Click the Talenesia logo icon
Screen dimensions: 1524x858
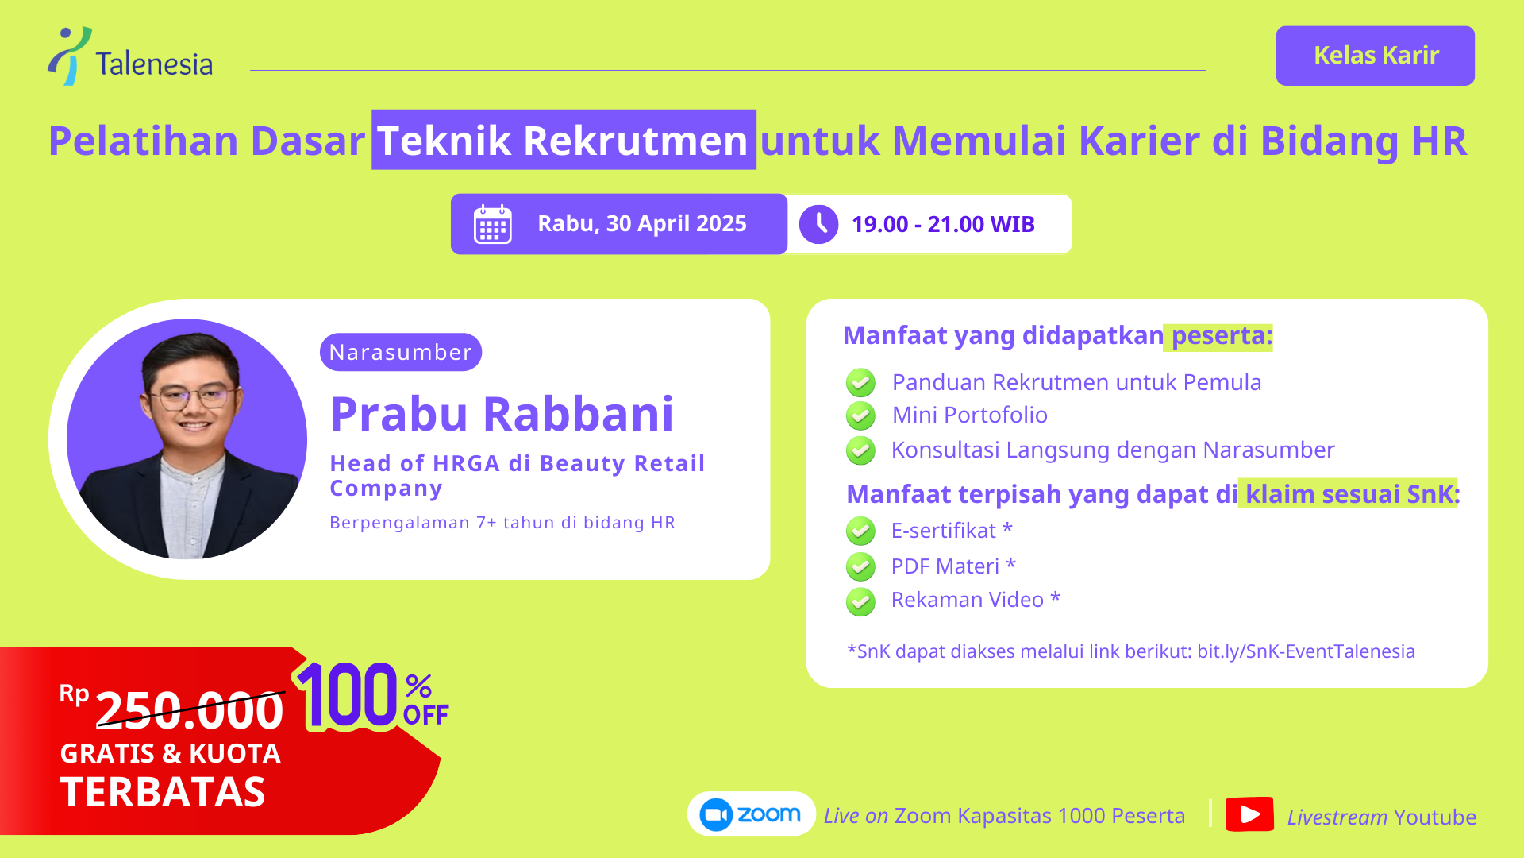tap(69, 56)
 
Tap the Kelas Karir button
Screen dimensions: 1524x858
tap(1376, 56)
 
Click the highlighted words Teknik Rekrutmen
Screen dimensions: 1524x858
tap(564, 140)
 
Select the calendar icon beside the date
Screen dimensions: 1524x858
tap(493, 224)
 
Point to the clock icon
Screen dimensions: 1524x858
tap(818, 225)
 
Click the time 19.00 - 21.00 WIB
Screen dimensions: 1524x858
tap(943, 225)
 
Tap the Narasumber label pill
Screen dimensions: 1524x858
tap(401, 352)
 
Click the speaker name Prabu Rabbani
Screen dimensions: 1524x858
tap(502, 414)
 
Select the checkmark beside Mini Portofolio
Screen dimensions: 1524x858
tap(860, 415)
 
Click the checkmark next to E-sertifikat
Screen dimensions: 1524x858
tap(860, 531)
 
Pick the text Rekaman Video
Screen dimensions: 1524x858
tap(967, 600)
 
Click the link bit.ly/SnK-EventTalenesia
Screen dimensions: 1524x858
tap(1306, 651)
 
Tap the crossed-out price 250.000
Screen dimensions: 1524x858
tap(189, 709)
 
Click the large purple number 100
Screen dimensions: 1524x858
tap(348, 695)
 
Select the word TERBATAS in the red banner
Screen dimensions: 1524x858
tap(163, 792)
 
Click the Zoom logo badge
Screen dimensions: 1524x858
tap(751, 814)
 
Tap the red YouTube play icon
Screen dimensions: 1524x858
tap(1249, 814)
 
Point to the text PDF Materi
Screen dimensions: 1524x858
tap(945, 566)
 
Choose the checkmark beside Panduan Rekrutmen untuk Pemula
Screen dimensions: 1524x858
tap(860, 383)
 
